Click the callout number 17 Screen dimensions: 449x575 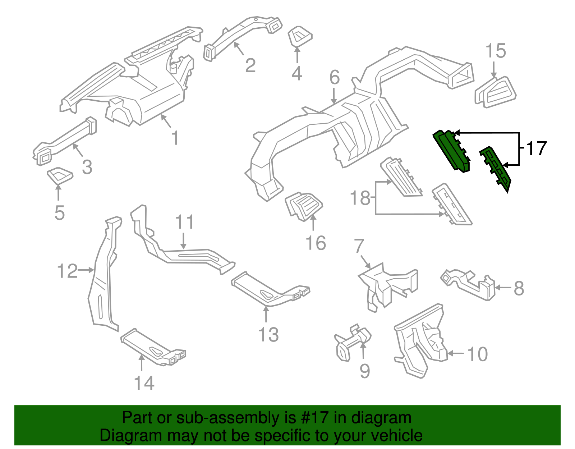536,148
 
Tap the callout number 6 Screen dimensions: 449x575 334,77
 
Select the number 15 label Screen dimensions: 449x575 496,51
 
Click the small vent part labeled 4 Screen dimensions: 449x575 300,36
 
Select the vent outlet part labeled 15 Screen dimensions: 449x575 496,92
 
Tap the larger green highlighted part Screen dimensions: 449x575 451,151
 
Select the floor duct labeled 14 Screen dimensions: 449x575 153,346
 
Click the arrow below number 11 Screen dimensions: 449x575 184,241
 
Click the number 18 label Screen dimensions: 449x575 360,198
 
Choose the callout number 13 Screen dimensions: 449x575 268,335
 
